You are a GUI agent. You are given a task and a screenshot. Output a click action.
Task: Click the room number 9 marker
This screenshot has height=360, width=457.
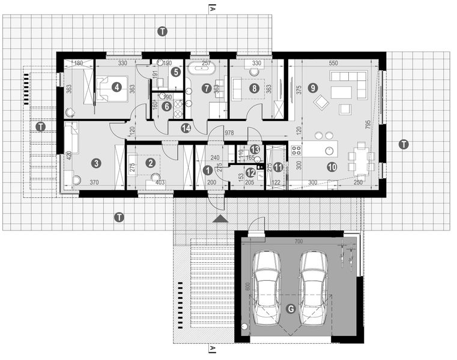[312, 88]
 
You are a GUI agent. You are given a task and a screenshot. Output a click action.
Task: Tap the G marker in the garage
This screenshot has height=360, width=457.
[291, 309]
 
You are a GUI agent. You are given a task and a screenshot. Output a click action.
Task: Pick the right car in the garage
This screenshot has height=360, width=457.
[314, 286]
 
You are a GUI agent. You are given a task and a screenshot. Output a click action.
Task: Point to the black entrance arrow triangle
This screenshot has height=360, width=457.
[221, 218]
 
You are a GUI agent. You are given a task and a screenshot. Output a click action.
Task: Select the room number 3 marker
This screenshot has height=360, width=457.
[95, 163]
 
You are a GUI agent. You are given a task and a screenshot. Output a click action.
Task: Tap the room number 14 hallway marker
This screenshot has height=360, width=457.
[186, 128]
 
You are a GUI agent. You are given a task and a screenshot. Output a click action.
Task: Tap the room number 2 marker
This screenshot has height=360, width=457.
[151, 162]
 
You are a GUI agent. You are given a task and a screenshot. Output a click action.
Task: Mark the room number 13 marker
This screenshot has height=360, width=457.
[255, 149]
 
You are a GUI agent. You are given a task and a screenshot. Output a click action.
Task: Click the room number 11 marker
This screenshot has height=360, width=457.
[277, 167]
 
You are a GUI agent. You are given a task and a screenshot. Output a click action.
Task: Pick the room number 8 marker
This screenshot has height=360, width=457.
[255, 88]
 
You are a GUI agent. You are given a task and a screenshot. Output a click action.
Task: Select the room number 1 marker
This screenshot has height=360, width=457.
[207, 170]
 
